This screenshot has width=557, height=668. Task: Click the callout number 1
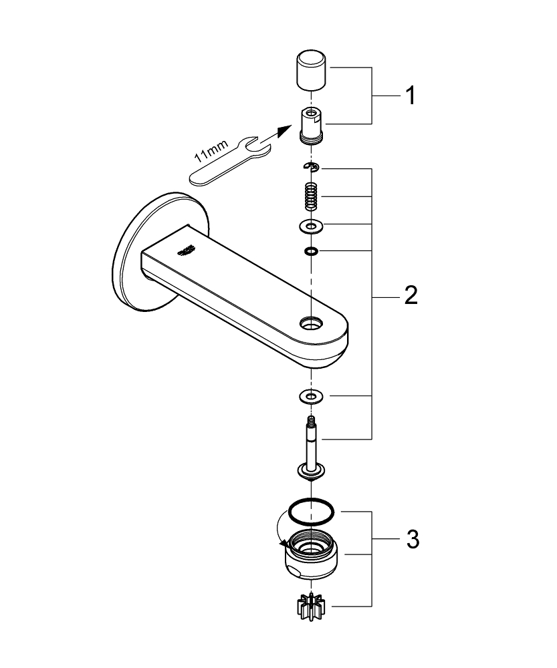[x=409, y=96]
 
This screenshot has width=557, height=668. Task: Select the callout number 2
[x=409, y=295]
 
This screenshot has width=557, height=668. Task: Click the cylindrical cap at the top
[x=311, y=69]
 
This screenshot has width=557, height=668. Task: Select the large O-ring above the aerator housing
[x=311, y=512]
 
